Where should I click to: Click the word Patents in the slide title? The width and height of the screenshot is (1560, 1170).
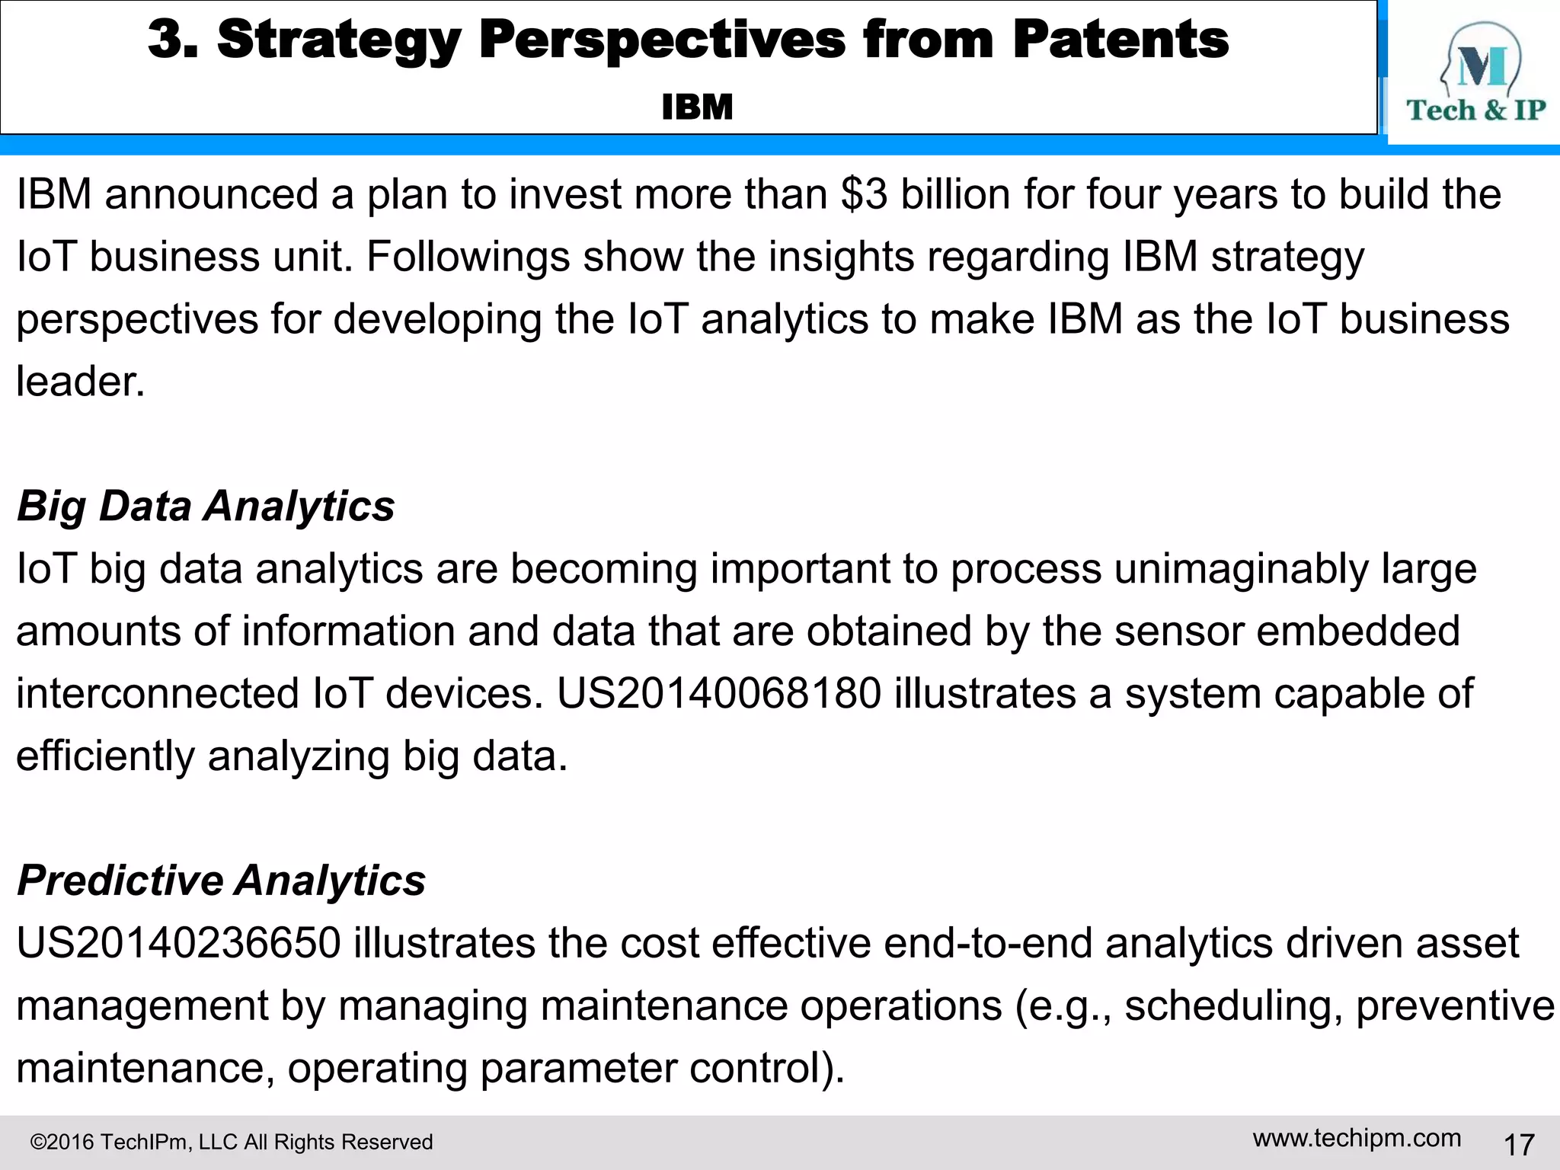pyautogui.click(x=1120, y=40)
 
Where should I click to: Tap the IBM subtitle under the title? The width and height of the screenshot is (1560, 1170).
pyautogui.click(x=697, y=107)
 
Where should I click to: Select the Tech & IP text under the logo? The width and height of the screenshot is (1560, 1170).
pyautogui.click(x=1475, y=110)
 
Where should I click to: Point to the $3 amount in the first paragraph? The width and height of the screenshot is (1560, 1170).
pyautogui.click(x=865, y=194)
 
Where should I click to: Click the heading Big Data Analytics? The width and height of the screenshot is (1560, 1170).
pyautogui.click(x=206, y=506)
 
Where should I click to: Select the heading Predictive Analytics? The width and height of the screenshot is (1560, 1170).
pyautogui.click(x=221, y=881)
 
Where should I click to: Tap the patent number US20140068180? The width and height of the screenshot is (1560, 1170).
pyautogui.click(x=718, y=694)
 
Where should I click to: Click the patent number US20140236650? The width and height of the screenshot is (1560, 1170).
pyautogui.click(x=178, y=943)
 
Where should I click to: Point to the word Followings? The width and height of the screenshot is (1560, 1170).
pyautogui.click(x=468, y=257)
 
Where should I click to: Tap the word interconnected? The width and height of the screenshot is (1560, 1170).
pyautogui.click(x=158, y=694)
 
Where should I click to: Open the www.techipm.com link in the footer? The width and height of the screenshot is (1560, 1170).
pyautogui.click(x=1357, y=1139)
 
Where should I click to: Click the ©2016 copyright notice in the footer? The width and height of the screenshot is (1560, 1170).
pyautogui.click(x=231, y=1142)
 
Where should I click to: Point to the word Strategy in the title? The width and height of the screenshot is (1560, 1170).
pyautogui.click(x=339, y=40)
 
